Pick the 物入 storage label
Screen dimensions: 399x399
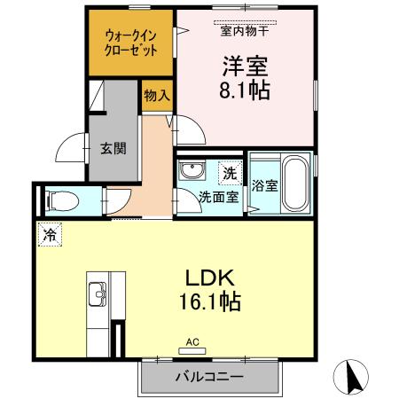click(157, 95)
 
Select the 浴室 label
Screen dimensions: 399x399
click(264, 185)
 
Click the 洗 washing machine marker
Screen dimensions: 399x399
click(229, 171)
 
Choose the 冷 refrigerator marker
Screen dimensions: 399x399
click(51, 236)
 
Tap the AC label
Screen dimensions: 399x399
click(192, 340)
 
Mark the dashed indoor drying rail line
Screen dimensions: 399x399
click(246, 20)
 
